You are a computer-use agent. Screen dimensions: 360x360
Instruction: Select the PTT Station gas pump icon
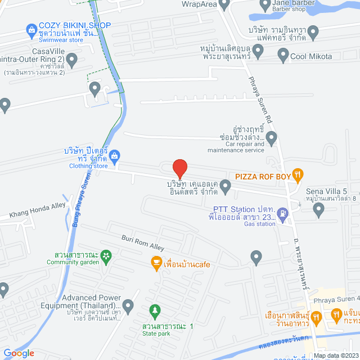coord(282,214)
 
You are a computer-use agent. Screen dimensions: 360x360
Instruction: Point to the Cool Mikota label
coord(311,56)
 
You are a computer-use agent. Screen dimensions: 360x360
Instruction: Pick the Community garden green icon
coord(105,255)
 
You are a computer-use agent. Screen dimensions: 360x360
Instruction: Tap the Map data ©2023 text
coord(336,355)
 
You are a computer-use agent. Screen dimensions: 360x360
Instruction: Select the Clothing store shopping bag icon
coord(114,155)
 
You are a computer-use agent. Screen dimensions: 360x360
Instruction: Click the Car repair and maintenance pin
coord(272,137)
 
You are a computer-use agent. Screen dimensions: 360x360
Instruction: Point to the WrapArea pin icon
coord(225,6)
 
